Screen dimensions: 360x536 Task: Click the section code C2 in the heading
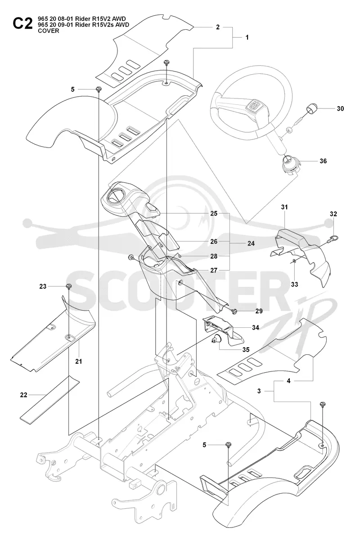22,24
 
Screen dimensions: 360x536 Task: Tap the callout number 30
340,109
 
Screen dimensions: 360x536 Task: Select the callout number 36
323,161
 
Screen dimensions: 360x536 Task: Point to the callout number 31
284,207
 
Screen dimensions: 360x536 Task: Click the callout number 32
333,214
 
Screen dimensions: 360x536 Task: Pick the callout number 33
294,284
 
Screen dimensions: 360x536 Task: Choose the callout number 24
251,244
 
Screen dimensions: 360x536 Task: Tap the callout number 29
259,311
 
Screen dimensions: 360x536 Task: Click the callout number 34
255,327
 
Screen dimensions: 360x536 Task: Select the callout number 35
246,350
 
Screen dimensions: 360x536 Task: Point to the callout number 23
43,286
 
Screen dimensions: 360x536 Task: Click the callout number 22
23,395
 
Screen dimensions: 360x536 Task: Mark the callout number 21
79,361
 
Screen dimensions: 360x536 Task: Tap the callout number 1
247,37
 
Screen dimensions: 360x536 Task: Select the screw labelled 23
68,286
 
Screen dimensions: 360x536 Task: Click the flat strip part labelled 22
49,398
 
